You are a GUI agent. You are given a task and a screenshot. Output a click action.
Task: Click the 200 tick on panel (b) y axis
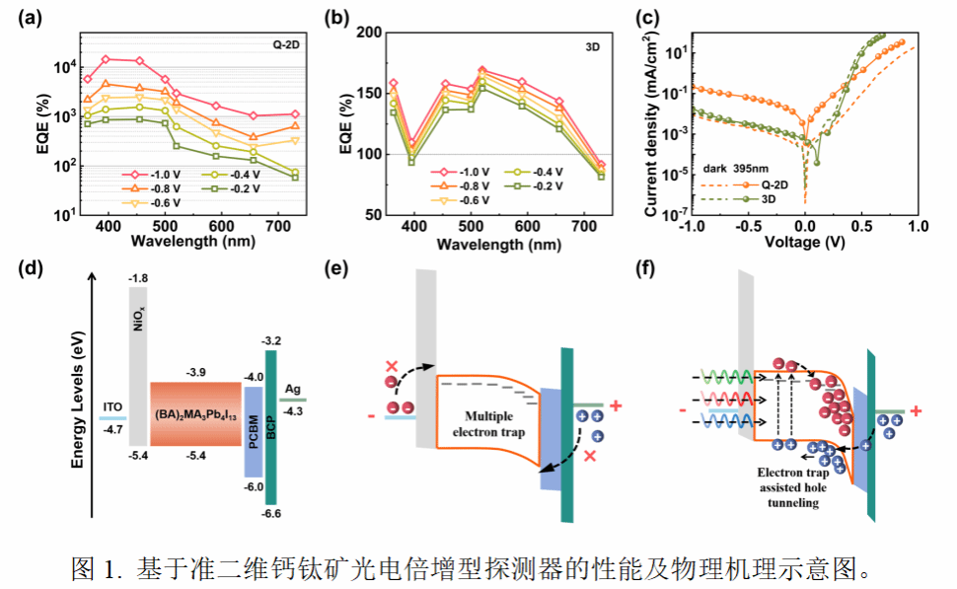coord(366,33)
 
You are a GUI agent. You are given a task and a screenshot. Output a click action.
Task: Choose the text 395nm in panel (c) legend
coord(755,169)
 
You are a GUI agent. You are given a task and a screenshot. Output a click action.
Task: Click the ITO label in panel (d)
coord(111,405)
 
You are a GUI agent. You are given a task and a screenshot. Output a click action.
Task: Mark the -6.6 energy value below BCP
coord(270,513)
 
